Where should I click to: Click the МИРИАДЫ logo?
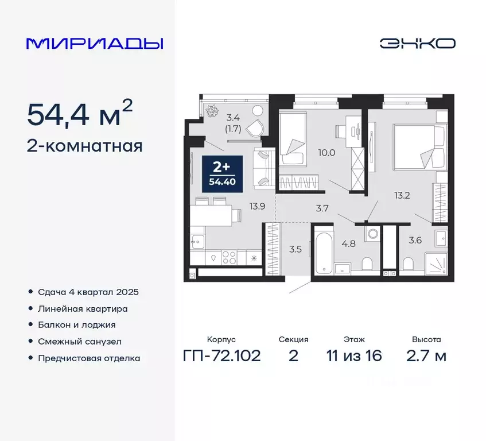coord(95,44)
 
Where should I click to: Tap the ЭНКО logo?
coord(417,44)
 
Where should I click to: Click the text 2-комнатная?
coord(84,146)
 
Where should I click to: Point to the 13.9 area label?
coord(256,206)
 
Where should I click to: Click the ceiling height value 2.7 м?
coord(426,356)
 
